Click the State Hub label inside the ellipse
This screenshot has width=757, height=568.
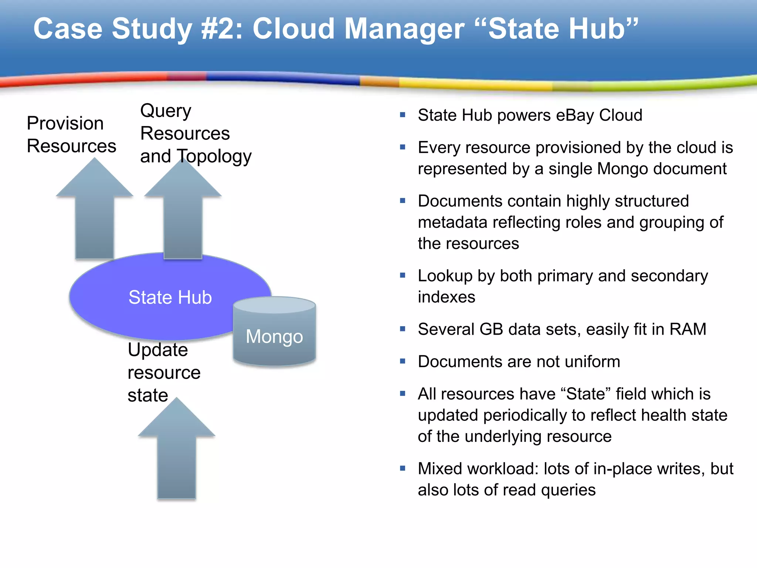[x=170, y=297]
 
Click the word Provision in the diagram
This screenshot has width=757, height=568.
[x=65, y=124]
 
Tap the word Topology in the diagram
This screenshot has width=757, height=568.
[x=214, y=156]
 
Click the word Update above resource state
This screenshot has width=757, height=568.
[x=158, y=350]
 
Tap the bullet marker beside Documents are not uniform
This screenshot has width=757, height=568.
[x=403, y=361]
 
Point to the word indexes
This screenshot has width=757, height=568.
[x=447, y=297]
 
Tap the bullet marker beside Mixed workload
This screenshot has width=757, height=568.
[x=403, y=469]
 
